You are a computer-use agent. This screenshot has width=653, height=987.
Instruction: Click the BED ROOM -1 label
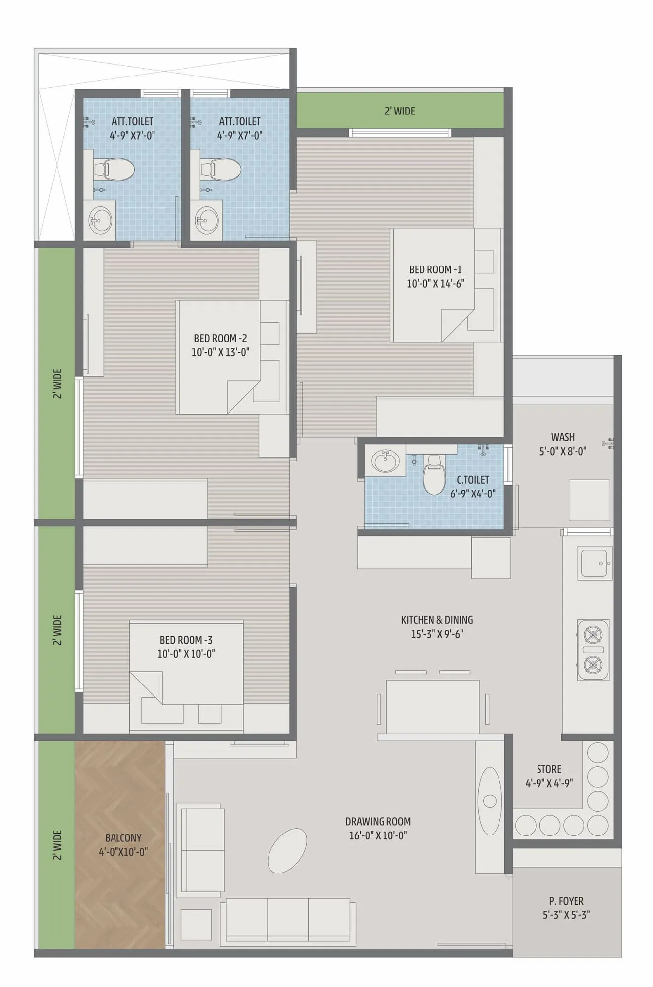(435, 269)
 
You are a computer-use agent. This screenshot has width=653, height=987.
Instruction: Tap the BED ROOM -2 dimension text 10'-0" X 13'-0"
(221, 352)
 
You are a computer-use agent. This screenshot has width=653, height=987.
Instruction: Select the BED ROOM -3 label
(186, 640)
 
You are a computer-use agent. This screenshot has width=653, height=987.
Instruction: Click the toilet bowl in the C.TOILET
(434, 476)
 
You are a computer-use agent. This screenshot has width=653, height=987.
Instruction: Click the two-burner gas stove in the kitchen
(593, 650)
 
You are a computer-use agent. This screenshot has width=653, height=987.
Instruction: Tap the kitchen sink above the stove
(596, 563)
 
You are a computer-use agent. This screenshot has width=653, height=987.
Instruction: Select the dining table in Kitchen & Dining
(433, 707)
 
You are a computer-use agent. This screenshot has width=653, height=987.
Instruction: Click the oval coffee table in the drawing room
(287, 850)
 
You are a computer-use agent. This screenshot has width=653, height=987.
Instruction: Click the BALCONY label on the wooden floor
(123, 837)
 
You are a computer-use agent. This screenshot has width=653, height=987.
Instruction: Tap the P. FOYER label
(566, 901)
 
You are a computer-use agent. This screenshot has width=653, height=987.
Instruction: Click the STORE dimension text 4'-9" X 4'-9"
(549, 783)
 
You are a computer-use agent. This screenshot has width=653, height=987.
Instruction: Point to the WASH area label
(563, 437)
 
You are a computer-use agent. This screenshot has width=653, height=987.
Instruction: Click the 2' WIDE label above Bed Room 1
(400, 111)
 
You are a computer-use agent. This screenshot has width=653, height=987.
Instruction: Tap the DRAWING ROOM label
(378, 821)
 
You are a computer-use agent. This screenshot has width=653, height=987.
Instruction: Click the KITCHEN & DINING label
(437, 620)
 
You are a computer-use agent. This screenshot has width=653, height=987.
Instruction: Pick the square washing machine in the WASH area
(589, 500)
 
